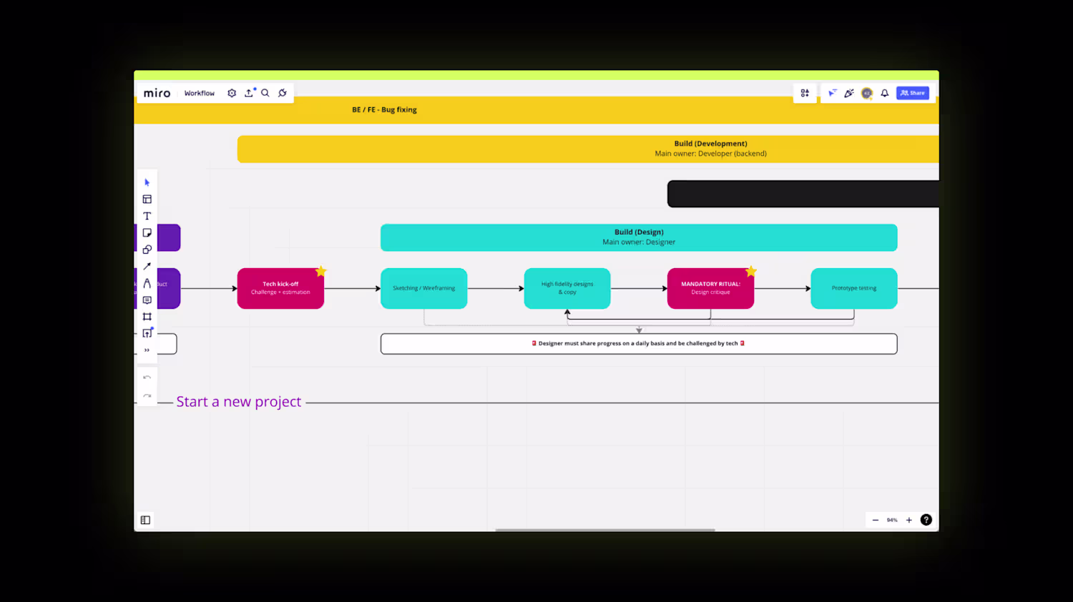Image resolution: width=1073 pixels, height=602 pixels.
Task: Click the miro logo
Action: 157,93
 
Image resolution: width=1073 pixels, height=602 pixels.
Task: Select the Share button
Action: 912,93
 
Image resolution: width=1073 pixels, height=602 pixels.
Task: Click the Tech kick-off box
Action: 280,288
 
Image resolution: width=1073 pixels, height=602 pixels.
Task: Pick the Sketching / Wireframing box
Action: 423,288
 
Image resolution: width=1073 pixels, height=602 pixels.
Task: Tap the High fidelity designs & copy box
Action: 567,288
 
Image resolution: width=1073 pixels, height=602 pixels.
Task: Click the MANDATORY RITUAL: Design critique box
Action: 710,288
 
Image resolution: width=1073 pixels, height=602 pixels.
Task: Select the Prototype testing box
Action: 853,288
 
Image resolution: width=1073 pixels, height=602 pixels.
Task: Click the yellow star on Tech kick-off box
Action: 321,271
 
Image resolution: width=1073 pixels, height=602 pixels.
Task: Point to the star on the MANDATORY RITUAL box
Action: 751,271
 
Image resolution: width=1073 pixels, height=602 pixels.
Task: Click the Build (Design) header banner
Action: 639,237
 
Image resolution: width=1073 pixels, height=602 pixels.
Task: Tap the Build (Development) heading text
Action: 710,144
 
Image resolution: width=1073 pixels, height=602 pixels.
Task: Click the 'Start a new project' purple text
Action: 239,402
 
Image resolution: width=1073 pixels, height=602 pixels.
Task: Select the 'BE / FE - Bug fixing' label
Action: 384,109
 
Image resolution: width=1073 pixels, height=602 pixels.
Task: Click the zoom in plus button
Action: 909,520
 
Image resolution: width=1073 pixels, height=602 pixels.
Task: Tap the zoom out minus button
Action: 875,520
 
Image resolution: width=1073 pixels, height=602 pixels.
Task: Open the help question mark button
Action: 926,520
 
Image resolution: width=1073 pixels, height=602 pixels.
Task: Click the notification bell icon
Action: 885,93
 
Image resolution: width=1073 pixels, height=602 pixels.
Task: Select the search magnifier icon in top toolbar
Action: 265,93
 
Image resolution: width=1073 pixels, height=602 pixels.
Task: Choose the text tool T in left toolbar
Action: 147,216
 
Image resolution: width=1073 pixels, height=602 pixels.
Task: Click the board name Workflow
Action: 199,93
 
